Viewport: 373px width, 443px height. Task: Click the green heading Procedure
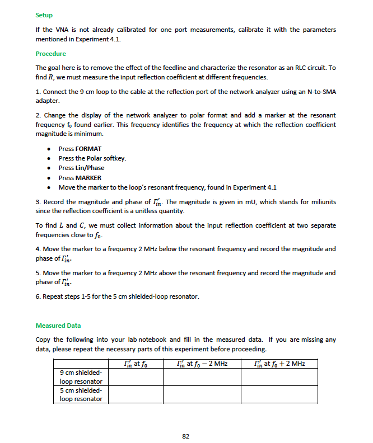click(x=50, y=54)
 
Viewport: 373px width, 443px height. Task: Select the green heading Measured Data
click(x=58, y=325)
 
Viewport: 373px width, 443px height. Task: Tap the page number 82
click(x=186, y=436)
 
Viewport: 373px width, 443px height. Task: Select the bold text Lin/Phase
click(x=89, y=168)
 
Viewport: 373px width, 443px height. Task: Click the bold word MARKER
click(x=88, y=178)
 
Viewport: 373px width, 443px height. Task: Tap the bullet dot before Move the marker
click(x=51, y=187)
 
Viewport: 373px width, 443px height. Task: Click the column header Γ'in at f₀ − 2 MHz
click(x=202, y=364)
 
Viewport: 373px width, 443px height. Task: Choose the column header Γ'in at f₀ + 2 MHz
click(x=279, y=364)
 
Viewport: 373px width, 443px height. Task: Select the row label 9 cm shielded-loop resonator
click(x=81, y=377)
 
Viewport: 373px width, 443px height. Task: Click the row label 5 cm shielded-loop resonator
click(x=81, y=394)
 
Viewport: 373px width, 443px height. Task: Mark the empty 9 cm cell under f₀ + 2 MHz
click(x=279, y=377)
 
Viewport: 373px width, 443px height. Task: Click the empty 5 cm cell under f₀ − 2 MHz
click(x=202, y=394)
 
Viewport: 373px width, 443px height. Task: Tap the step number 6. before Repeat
click(x=38, y=296)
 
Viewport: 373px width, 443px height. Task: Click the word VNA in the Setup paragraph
click(x=62, y=29)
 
